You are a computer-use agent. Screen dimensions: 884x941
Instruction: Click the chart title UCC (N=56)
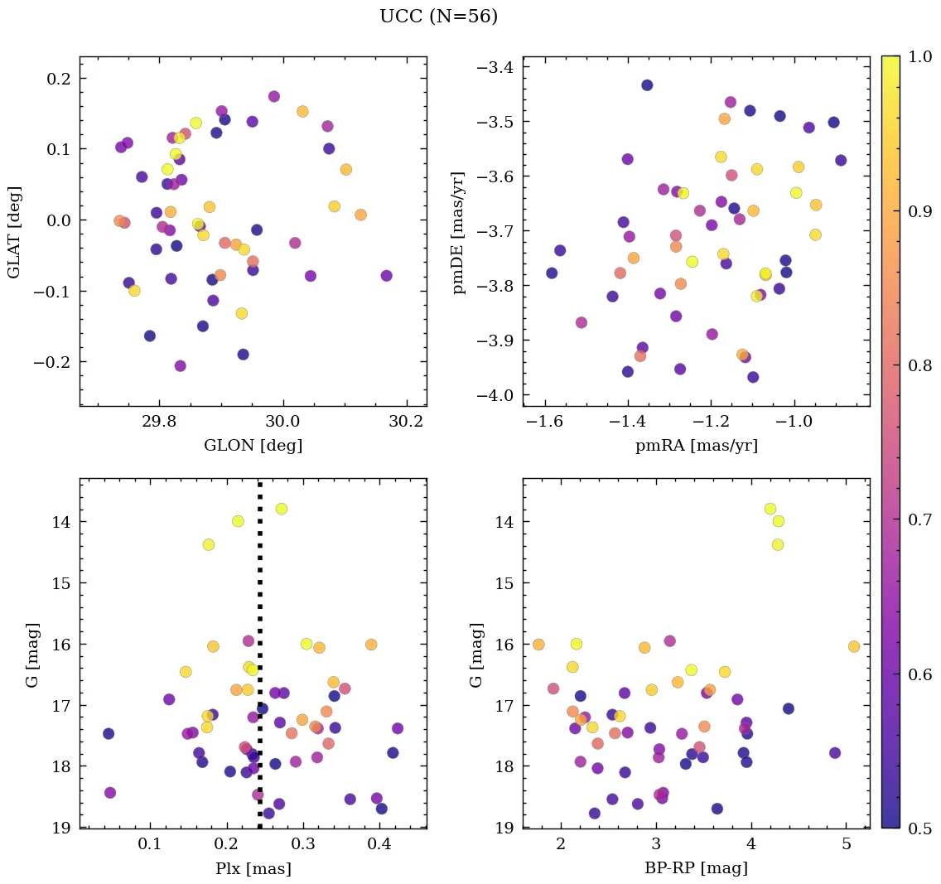438,17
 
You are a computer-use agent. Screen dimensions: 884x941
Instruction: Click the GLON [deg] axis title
253,446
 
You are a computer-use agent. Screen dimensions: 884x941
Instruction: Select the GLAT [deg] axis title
14,231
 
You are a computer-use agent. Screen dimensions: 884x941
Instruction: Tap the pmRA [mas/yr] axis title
696,446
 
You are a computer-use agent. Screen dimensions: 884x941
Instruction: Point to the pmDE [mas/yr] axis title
457,231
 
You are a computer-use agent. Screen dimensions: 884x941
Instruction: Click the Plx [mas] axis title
253,869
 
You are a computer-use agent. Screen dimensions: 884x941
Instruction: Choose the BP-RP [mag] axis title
696,869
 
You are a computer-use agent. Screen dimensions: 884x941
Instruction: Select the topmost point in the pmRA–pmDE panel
647,85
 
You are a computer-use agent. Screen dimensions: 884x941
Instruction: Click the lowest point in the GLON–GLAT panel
180,366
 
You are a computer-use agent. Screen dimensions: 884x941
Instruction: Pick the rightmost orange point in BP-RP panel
854,646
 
